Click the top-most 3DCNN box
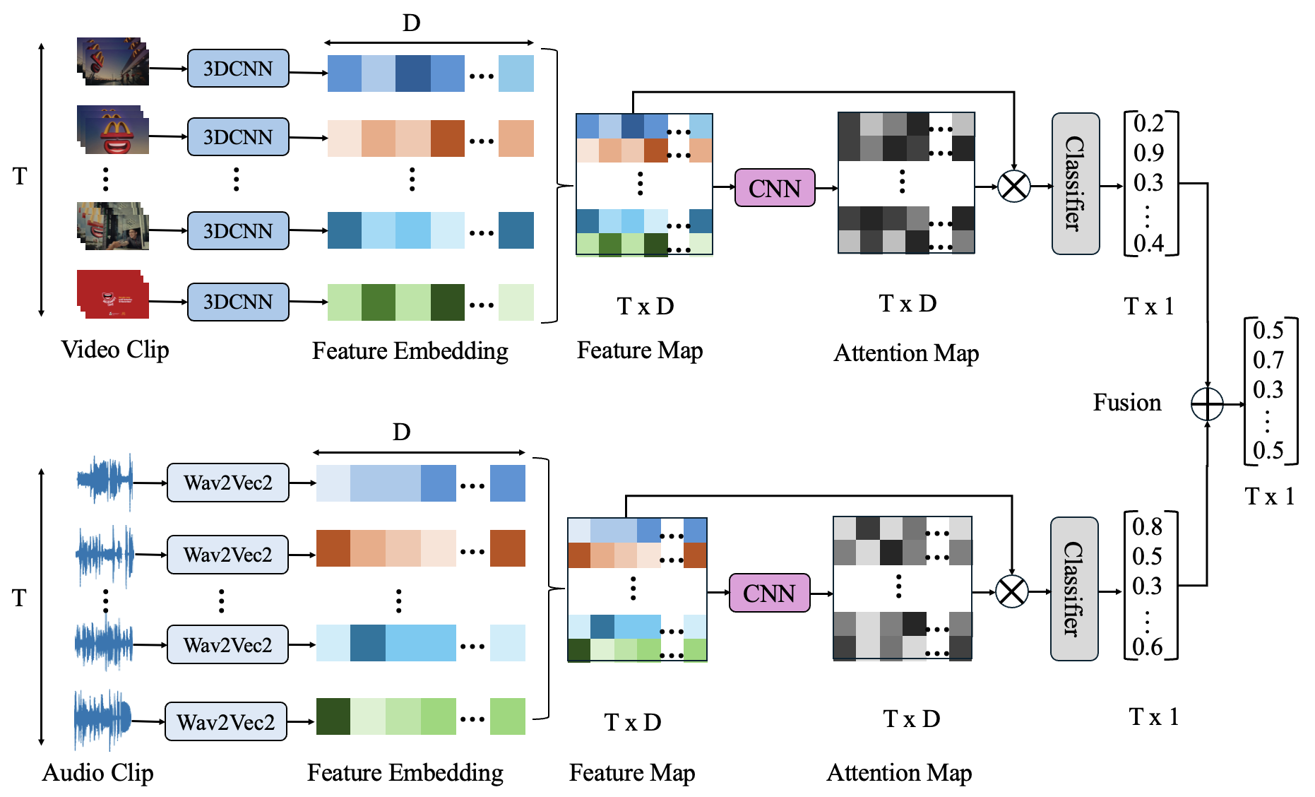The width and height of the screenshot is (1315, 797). click(237, 69)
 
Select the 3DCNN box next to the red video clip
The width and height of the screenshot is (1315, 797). click(237, 302)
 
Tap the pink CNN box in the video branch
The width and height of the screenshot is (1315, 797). click(774, 188)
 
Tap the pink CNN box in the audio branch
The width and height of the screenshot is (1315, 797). click(768, 593)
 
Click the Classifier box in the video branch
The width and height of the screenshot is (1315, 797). click(1075, 184)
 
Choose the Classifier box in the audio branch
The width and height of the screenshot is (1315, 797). click(1073, 589)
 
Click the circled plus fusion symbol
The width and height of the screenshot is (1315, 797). click(1206, 404)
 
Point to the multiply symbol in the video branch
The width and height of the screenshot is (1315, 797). click(1013, 187)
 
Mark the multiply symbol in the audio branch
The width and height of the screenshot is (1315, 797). click(1011, 591)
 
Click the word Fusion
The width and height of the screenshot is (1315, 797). click(1126, 403)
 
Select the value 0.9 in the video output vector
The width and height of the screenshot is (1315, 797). click(1148, 153)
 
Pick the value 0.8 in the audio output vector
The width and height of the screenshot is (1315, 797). click(1147, 526)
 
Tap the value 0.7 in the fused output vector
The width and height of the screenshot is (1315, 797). click(1268, 360)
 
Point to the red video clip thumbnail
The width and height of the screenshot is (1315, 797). click(113, 295)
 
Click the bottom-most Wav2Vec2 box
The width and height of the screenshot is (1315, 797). click(226, 721)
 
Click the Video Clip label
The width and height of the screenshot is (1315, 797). click(114, 349)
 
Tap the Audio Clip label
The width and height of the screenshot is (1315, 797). click(97, 772)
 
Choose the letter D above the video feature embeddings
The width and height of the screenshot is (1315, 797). click(411, 23)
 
